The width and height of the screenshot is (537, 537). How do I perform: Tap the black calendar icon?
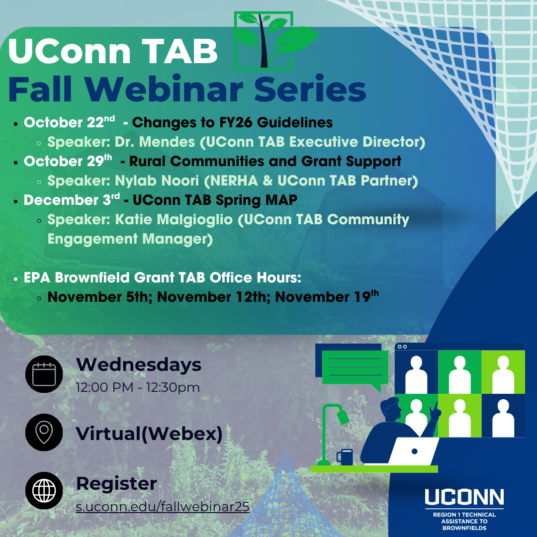[x=44, y=374]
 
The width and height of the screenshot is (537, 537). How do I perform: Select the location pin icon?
[x=44, y=432]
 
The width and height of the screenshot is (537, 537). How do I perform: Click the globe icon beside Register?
[x=44, y=490]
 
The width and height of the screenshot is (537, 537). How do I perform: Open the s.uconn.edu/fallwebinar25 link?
[x=163, y=507]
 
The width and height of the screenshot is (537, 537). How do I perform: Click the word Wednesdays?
[x=139, y=364]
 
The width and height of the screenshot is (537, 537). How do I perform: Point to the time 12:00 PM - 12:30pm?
[x=138, y=387]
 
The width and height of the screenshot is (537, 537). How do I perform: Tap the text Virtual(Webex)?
[x=149, y=434]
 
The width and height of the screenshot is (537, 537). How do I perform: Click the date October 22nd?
[x=69, y=122]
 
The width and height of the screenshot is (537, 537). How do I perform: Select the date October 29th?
[x=68, y=161]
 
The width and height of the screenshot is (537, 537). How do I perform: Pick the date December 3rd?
[x=72, y=199]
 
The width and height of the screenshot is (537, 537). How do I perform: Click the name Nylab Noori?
[x=157, y=180]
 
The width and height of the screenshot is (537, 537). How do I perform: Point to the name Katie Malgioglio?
[x=174, y=219]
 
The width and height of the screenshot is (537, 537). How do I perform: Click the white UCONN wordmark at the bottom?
[x=464, y=497]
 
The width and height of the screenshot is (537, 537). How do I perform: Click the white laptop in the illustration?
[x=413, y=451]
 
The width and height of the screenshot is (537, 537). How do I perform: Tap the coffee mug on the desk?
[x=345, y=457]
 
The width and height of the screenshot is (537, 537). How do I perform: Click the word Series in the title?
[x=310, y=89]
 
